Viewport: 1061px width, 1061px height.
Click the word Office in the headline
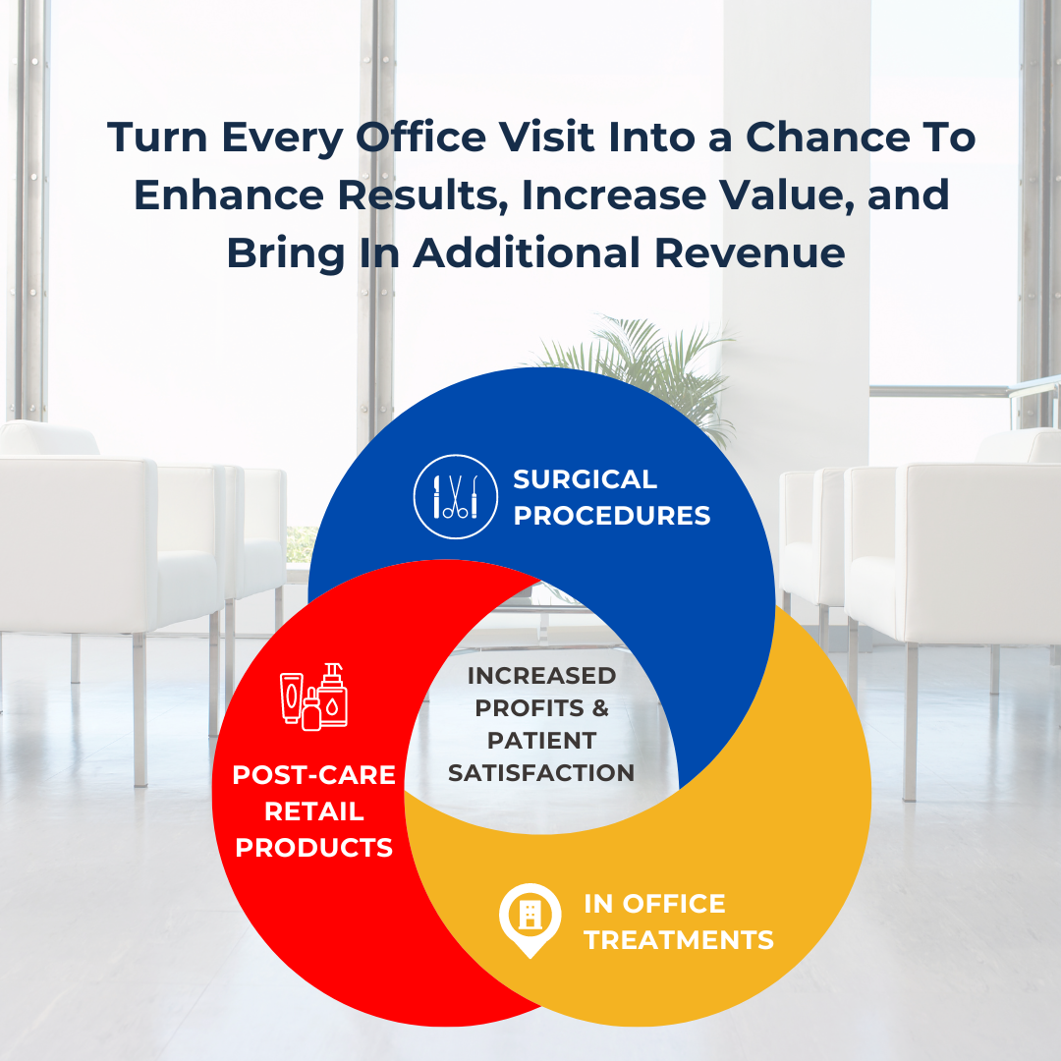pyautogui.click(x=420, y=138)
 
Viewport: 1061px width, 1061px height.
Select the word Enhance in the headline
pyautogui.click(x=229, y=195)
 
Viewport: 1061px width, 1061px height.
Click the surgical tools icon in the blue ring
pyautogui.click(x=456, y=497)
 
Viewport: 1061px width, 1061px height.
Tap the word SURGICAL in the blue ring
pyautogui.click(x=585, y=479)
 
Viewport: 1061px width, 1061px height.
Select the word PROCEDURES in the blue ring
pyautogui.click(x=612, y=516)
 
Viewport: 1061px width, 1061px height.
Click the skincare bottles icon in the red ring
pyautogui.click(x=314, y=697)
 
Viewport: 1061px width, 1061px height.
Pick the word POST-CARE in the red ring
pyautogui.click(x=314, y=775)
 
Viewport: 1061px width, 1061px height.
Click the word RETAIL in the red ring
pyautogui.click(x=314, y=810)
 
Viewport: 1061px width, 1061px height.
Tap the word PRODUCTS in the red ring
pyautogui.click(x=314, y=847)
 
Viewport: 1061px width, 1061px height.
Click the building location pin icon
pyautogui.click(x=530, y=920)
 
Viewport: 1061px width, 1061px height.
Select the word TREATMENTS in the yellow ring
pyautogui.click(x=679, y=940)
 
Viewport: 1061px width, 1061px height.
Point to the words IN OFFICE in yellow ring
pyautogui.click(x=654, y=904)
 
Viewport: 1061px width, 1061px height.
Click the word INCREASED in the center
pyautogui.click(x=541, y=675)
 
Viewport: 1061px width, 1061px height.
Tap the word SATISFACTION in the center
pyautogui.click(x=541, y=773)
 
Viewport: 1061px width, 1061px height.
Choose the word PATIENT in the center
pyautogui.click(x=541, y=741)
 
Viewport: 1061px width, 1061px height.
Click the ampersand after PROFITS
pyautogui.click(x=600, y=707)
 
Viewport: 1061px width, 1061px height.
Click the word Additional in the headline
pyautogui.click(x=527, y=253)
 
